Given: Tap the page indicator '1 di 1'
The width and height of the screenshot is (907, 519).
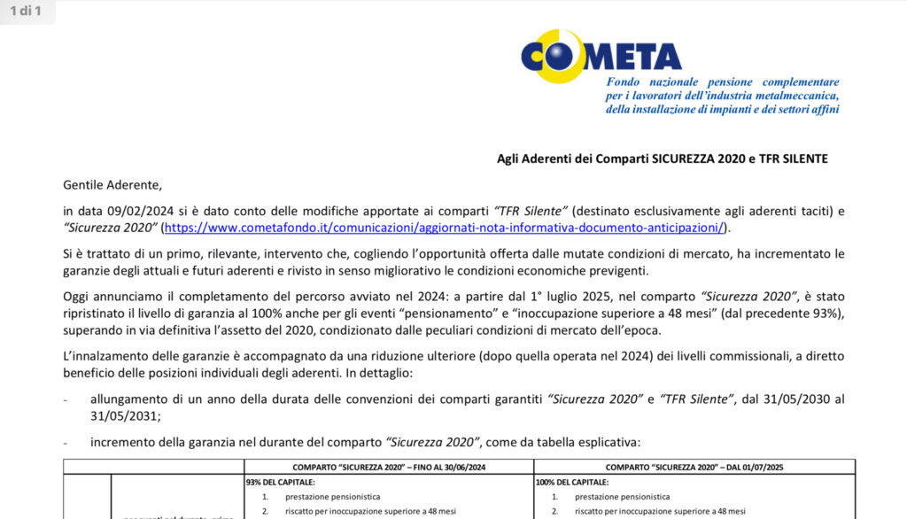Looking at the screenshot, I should tap(26, 12).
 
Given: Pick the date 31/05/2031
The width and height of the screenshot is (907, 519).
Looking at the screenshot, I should tap(121, 415).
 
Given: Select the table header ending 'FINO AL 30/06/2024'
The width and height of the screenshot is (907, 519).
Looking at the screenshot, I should tap(389, 466).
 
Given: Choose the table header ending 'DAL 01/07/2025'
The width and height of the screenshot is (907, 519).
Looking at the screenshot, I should tap(694, 466).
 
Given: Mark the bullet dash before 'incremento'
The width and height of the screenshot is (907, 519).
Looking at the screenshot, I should tap(66, 442).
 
